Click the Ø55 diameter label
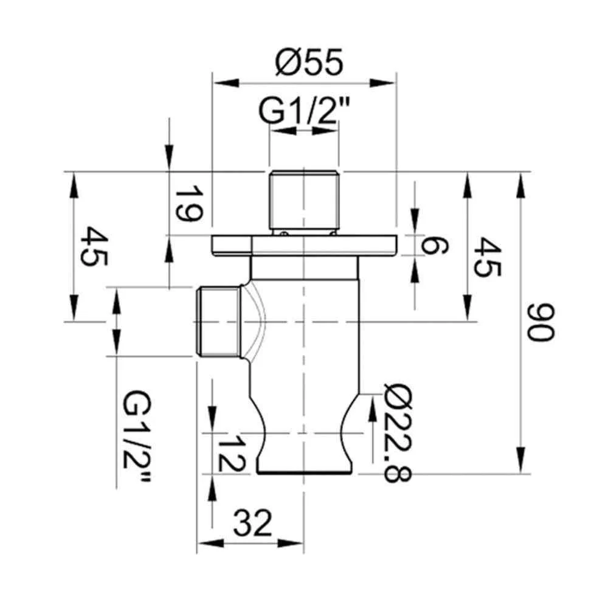coord(309,62)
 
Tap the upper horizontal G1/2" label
coord(304,111)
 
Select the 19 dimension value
coord(189,203)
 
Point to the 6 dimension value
coord(435,246)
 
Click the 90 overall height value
coord(541,323)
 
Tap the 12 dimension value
coord(232,454)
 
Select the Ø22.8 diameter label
coord(398,433)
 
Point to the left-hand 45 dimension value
coord(94,246)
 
